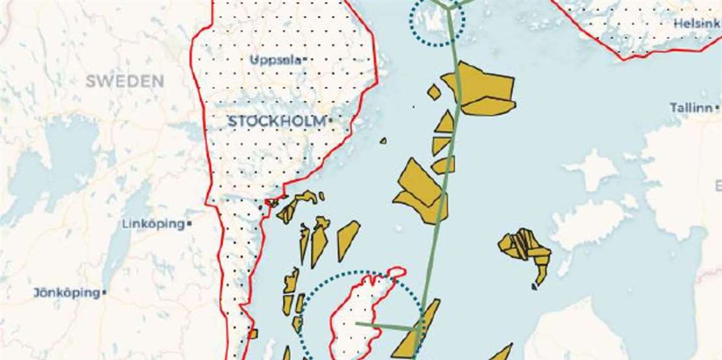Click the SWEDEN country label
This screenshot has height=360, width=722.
tap(124, 81)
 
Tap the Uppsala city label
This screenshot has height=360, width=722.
tap(275, 60)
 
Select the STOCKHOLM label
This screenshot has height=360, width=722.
tap(276, 122)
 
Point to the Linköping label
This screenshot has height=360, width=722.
tap(153, 224)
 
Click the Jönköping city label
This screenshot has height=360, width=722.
tap(66, 293)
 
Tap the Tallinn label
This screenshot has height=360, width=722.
tap(692, 108)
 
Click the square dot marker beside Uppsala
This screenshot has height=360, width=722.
tap(305, 59)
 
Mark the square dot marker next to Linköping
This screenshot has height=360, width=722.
tap(189, 224)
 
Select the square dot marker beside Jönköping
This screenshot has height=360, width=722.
tap(104, 293)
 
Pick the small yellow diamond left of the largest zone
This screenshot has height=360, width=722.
tap(434, 92)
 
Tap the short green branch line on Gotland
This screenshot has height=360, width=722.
tap(384, 326)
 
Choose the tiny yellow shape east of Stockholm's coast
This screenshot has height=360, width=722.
tap(383, 140)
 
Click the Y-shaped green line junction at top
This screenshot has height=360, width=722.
tap(450, 7)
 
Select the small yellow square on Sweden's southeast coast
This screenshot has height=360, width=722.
tap(253, 333)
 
